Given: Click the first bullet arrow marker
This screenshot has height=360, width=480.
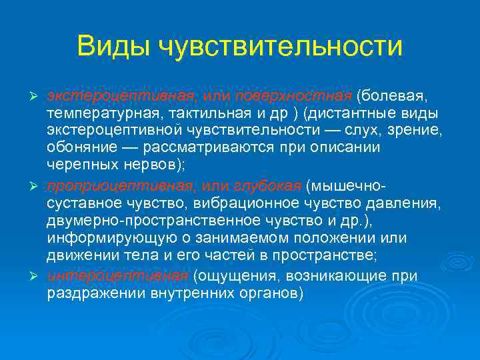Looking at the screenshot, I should pyautogui.click(x=37, y=92).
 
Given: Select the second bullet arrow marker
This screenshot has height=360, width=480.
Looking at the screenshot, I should pyautogui.click(x=37, y=185).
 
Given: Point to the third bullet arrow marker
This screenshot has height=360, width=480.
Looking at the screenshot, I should pyautogui.click(x=37, y=277).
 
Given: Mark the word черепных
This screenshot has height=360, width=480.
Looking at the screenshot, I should pyautogui.click(x=79, y=165).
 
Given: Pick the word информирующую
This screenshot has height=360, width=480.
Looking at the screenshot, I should pyautogui.click(x=102, y=239).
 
